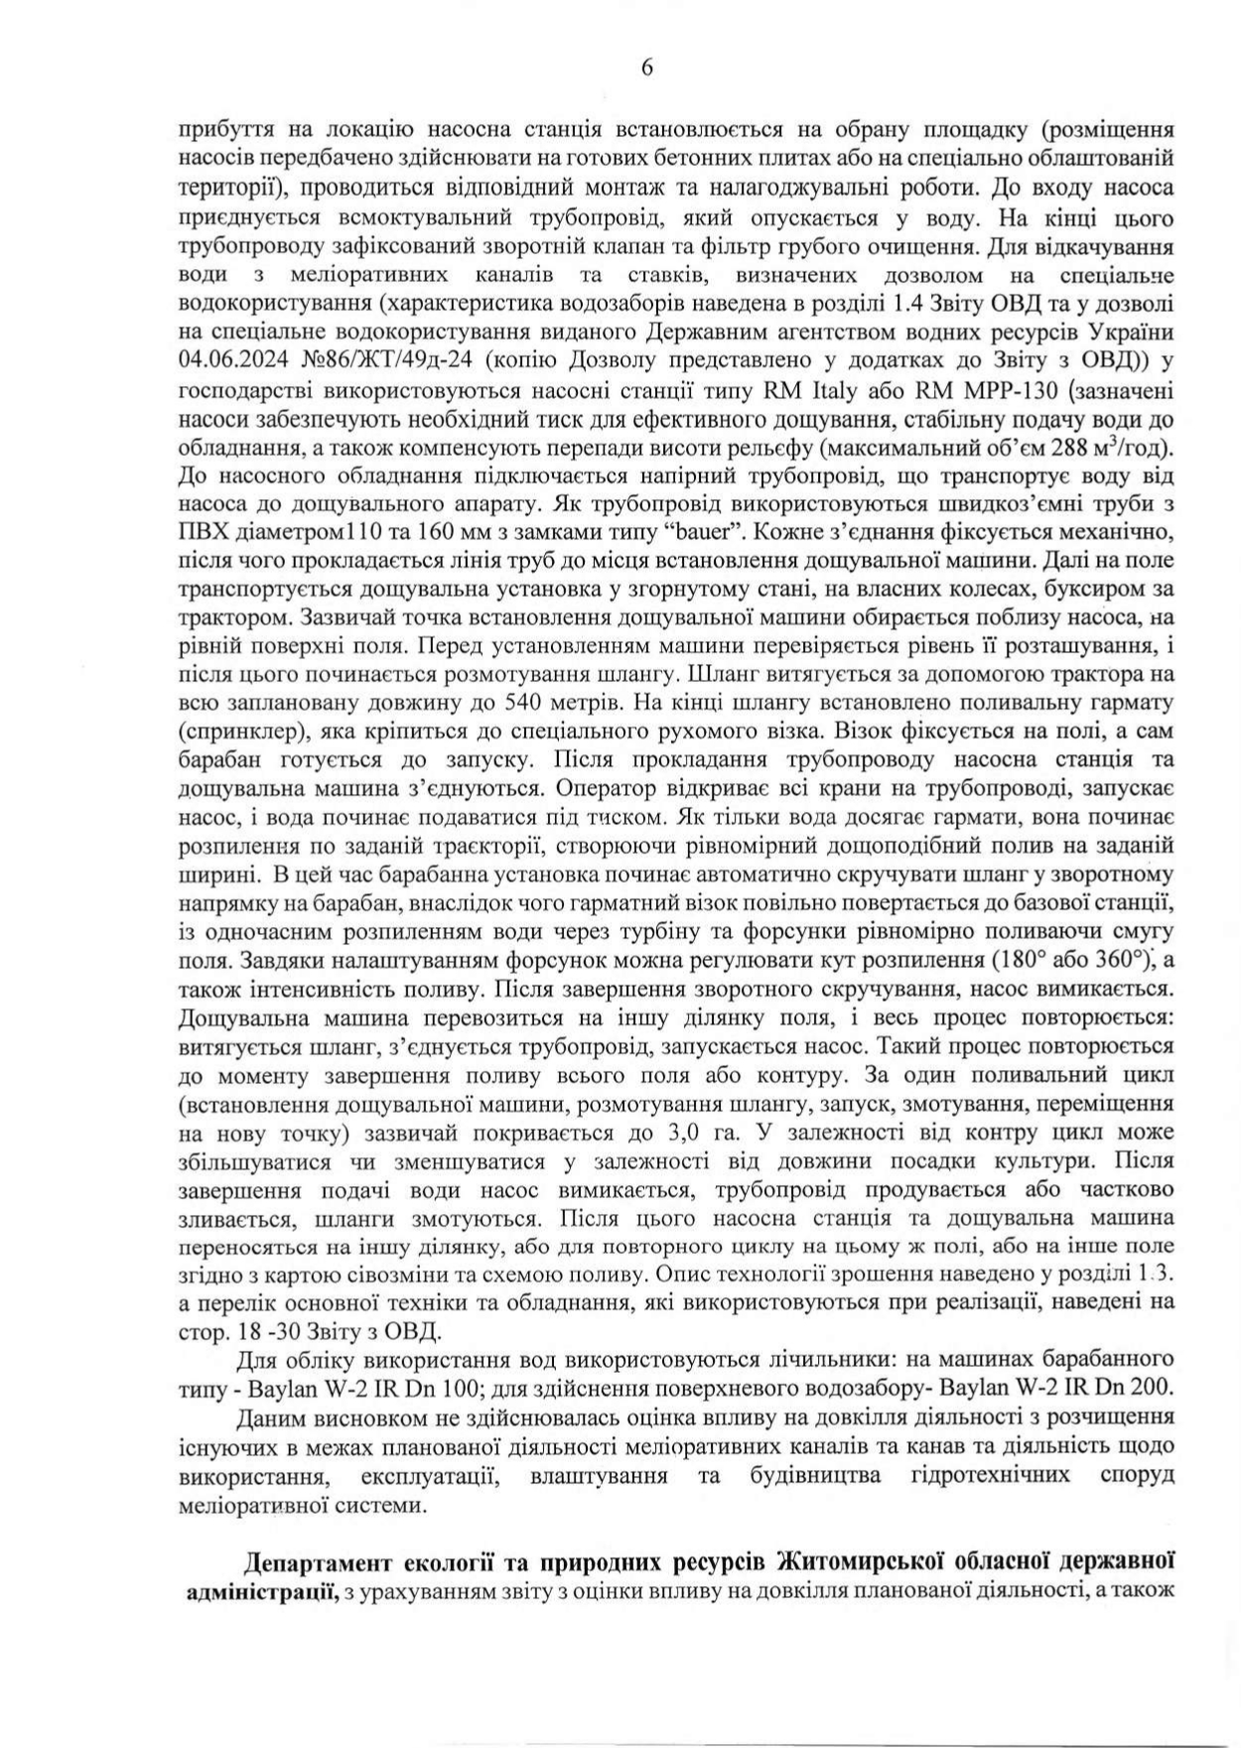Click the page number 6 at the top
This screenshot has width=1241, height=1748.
click(x=647, y=67)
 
